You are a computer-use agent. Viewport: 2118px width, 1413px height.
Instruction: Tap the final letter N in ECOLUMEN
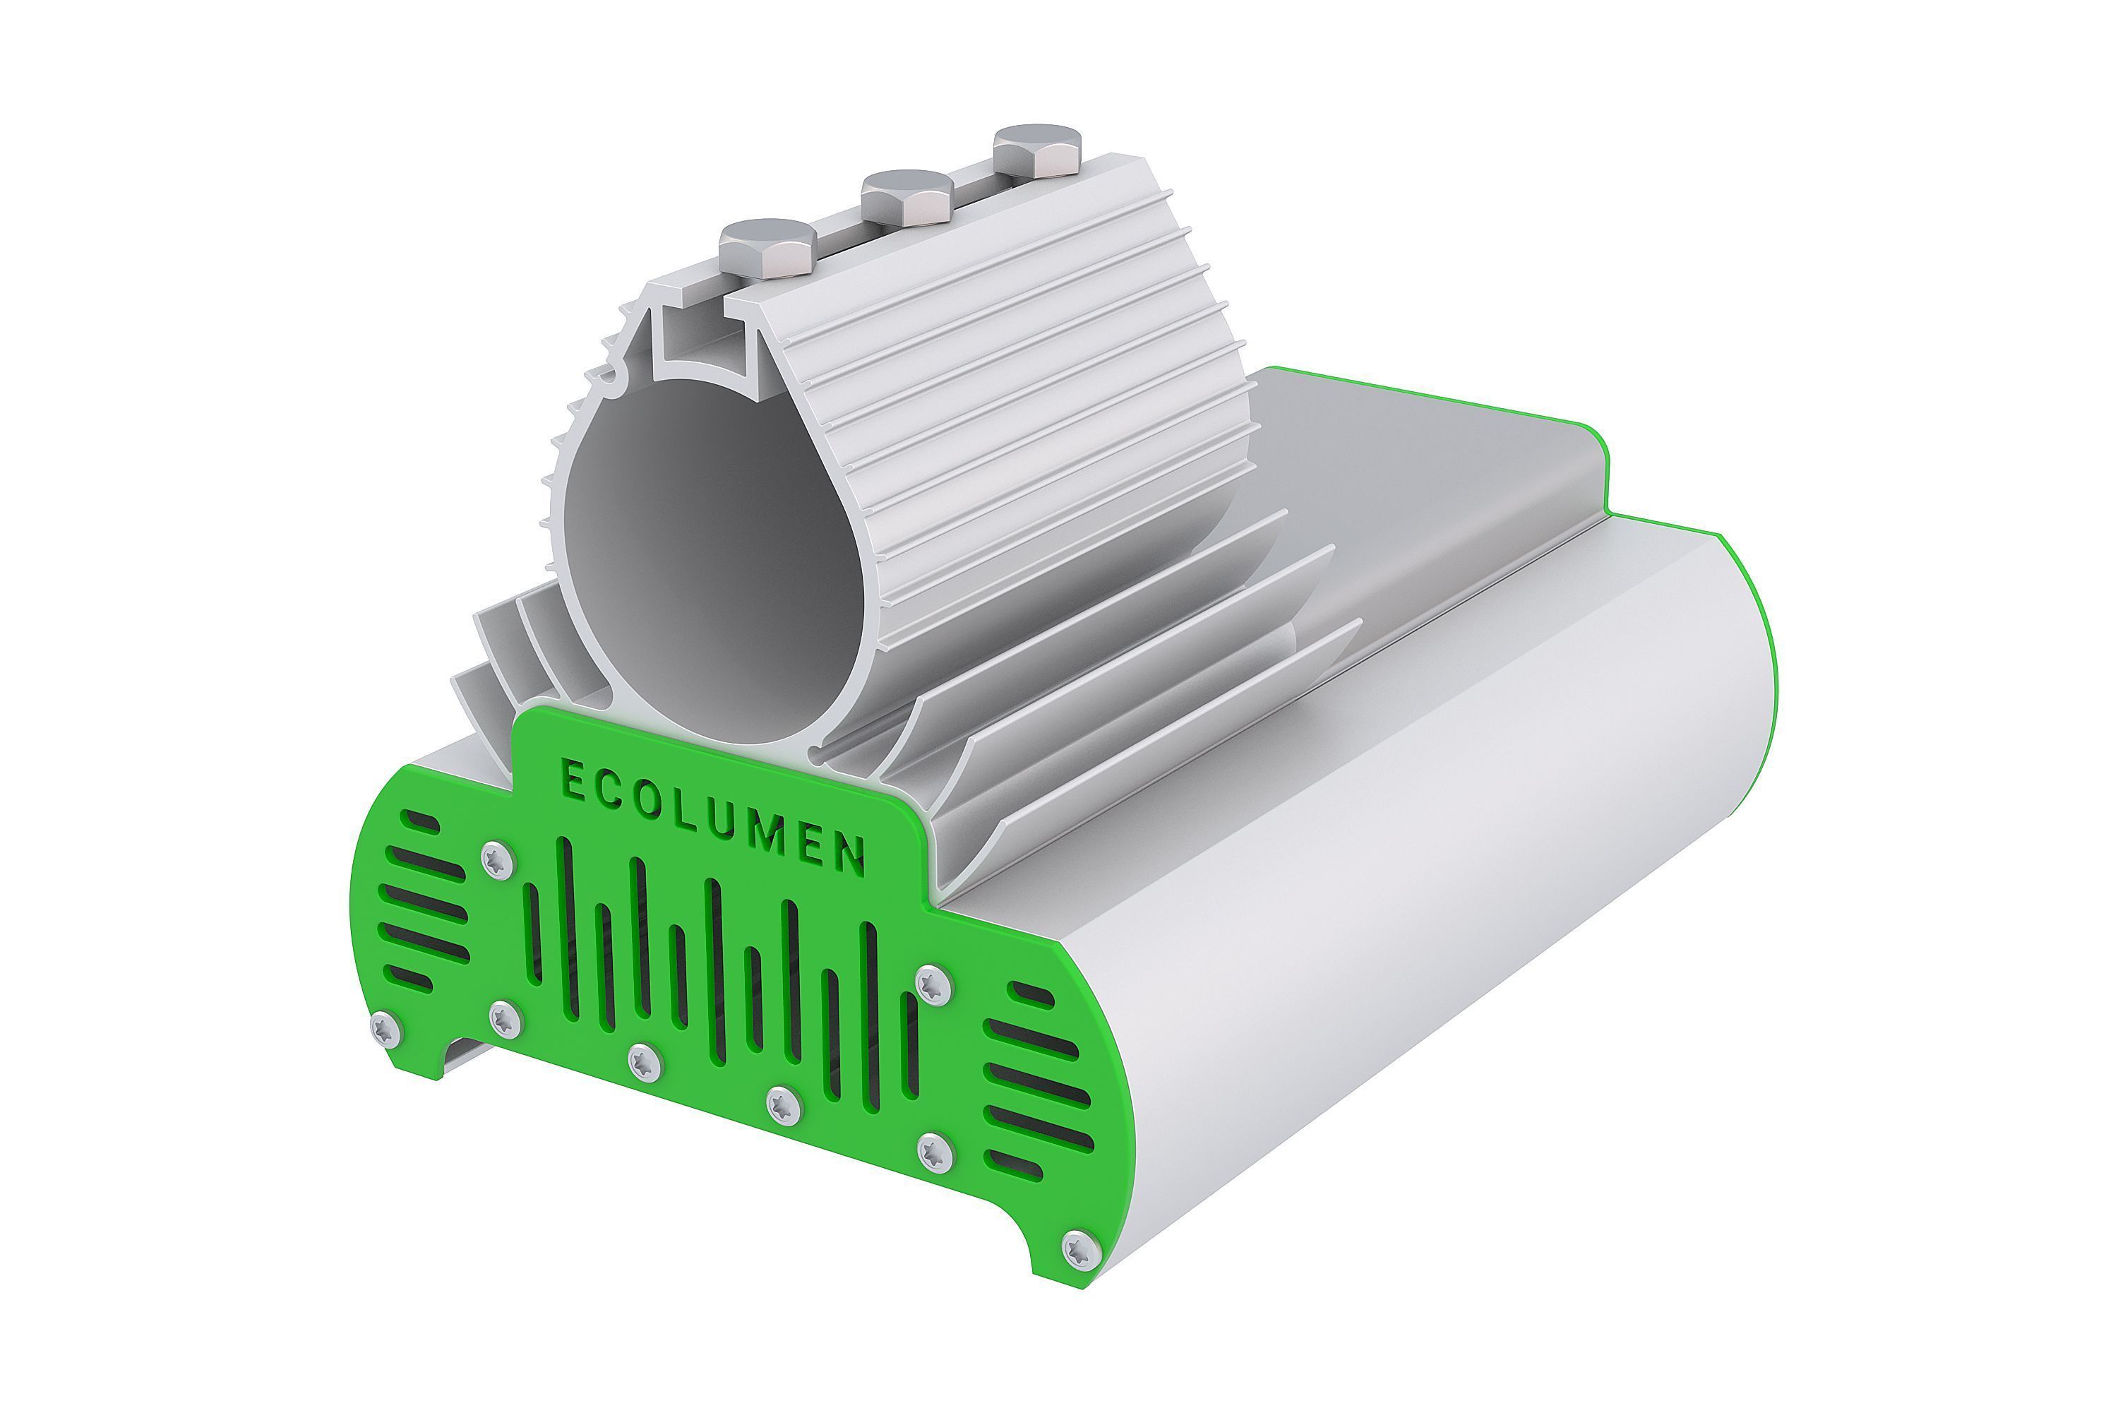(848, 855)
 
